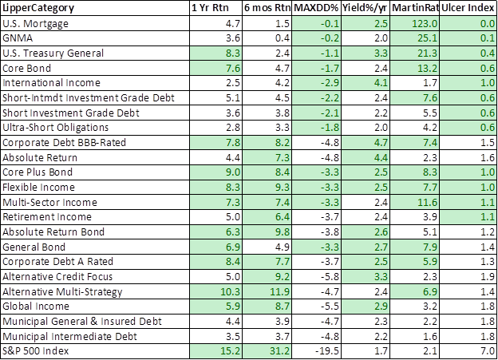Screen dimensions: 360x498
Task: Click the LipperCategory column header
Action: coord(40,9)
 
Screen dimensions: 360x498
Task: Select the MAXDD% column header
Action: coord(318,9)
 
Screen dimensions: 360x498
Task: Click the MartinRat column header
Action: coord(410,9)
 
